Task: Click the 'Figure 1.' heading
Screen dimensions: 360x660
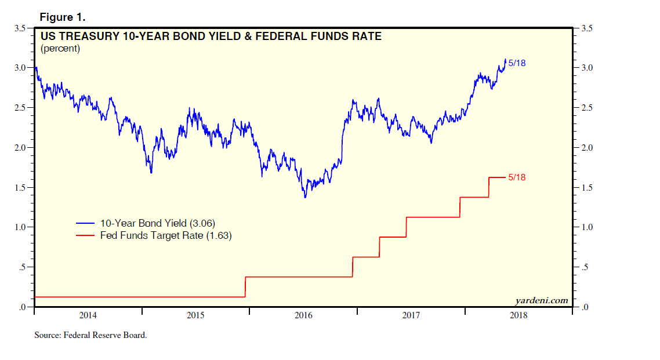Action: [x=62, y=17]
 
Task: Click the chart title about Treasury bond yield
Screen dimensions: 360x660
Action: [x=211, y=37]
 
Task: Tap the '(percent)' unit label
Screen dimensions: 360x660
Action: [x=60, y=49]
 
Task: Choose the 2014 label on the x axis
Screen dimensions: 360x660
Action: [x=88, y=316]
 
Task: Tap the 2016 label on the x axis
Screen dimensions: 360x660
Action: [x=303, y=316]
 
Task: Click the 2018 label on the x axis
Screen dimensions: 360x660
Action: [x=518, y=316]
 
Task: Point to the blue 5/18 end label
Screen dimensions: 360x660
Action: [x=517, y=63]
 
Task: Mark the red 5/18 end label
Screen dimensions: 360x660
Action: [x=517, y=177]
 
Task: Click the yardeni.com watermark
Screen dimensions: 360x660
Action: [x=541, y=300]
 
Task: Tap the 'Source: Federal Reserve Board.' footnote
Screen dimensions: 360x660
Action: [x=90, y=335]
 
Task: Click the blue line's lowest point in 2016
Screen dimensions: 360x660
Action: [x=305, y=198]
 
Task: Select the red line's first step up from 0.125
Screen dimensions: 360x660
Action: [x=245, y=287]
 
